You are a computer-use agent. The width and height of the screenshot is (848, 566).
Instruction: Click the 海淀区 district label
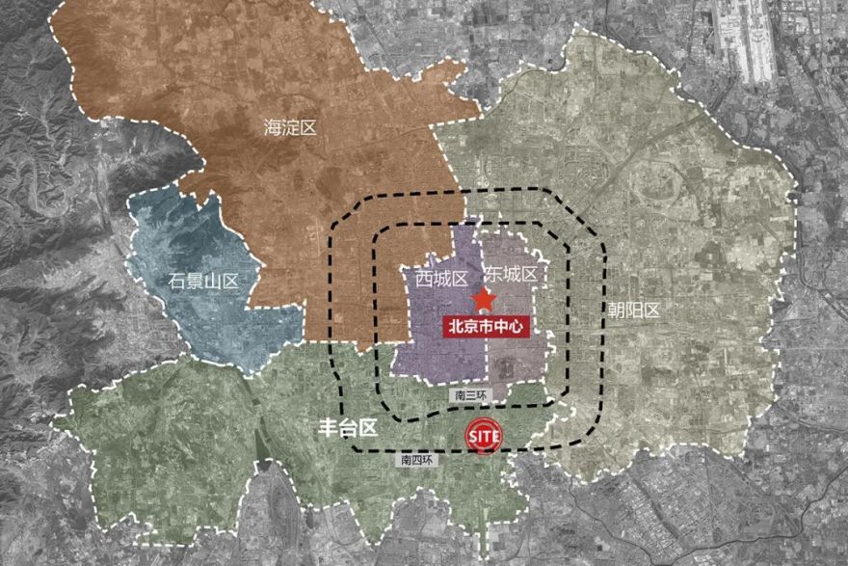click(x=290, y=126)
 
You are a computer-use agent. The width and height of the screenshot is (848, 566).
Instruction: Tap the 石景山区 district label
click(x=203, y=281)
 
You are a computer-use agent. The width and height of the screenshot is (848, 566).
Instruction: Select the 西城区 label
click(x=441, y=279)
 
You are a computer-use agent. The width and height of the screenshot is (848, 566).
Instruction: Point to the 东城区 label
click(x=510, y=275)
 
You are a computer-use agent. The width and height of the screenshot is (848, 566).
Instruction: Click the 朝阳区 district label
click(x=634, y=310)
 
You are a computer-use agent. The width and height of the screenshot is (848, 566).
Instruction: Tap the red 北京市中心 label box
click(x=487, y=326)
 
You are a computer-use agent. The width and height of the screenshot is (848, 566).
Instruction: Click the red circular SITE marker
click(x=484, y=437)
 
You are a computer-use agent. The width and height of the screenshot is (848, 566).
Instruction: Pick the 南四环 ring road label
click(x=417, y=460)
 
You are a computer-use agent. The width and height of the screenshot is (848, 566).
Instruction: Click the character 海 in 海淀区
click(x=273, y=126)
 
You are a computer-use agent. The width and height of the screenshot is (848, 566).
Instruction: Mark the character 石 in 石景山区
click(x=177, y=281)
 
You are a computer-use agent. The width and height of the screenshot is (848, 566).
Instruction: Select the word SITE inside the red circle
click(x=484, y=437)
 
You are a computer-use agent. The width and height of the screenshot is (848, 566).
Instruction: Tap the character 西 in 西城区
click(x=424, y=279)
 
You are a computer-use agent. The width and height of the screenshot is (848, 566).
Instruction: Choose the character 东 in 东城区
click(x=492, y=275)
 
